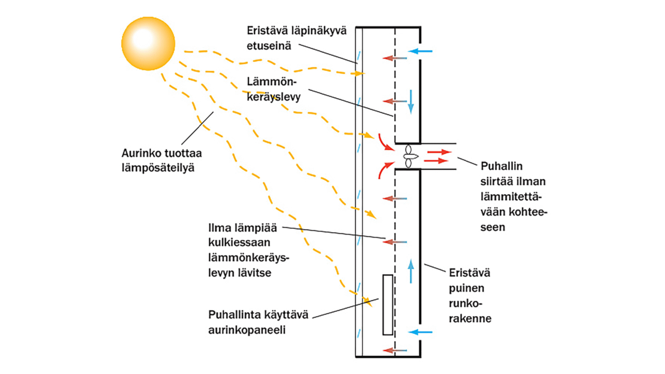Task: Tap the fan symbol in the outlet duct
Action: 409,155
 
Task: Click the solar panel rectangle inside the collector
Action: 387,305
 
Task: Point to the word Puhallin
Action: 501,166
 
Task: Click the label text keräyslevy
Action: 275,97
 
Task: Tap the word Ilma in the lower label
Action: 217,228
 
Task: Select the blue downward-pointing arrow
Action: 411,101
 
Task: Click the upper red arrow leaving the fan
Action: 438,152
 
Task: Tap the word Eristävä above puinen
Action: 469,273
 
